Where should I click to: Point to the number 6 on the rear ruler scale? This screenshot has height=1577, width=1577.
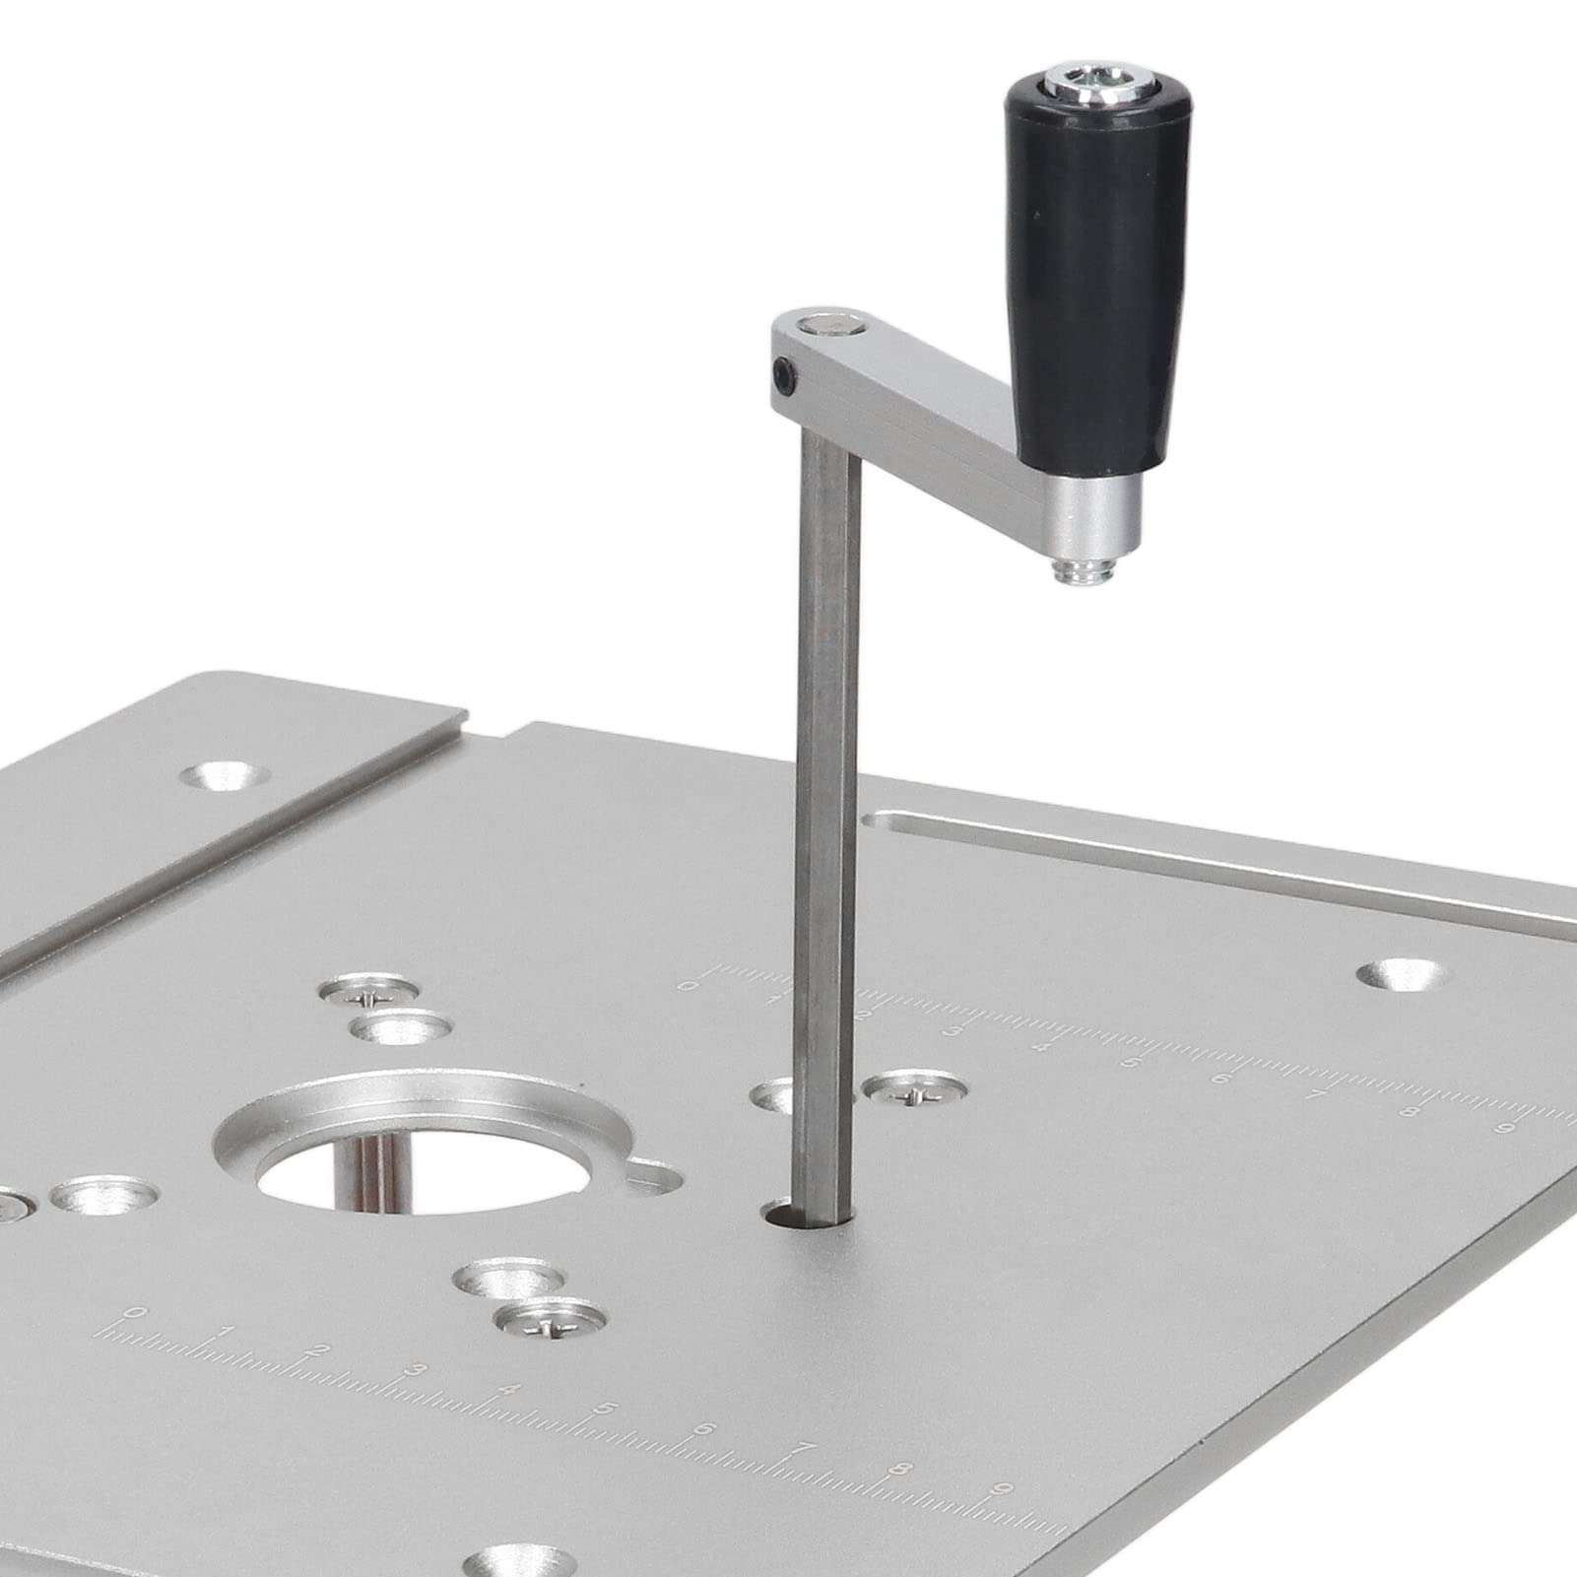click(1220, 1079)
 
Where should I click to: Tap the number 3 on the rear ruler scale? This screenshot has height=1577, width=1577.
click(953, 1031)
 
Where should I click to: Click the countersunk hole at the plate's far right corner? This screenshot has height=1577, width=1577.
click(1402, 975)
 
